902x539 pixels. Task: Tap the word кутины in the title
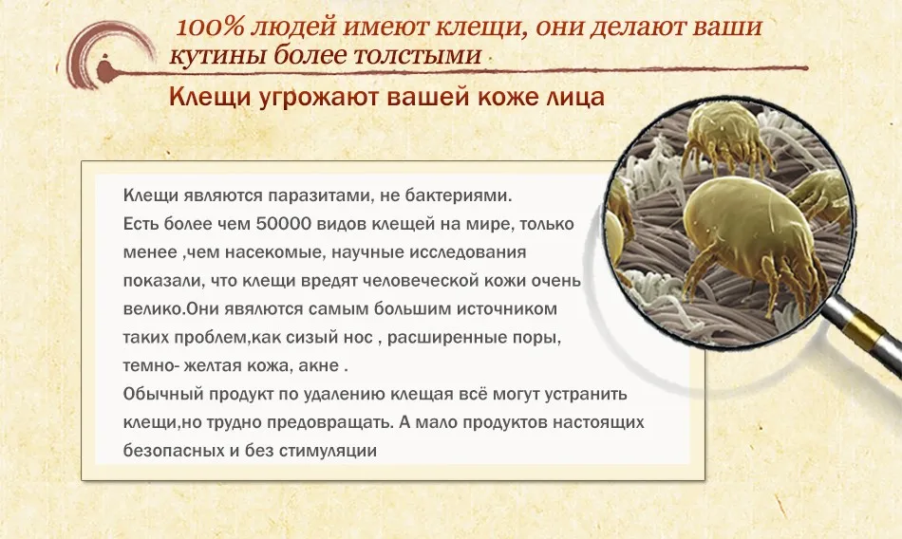[217, 56]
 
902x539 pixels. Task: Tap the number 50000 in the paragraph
[283, 224]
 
